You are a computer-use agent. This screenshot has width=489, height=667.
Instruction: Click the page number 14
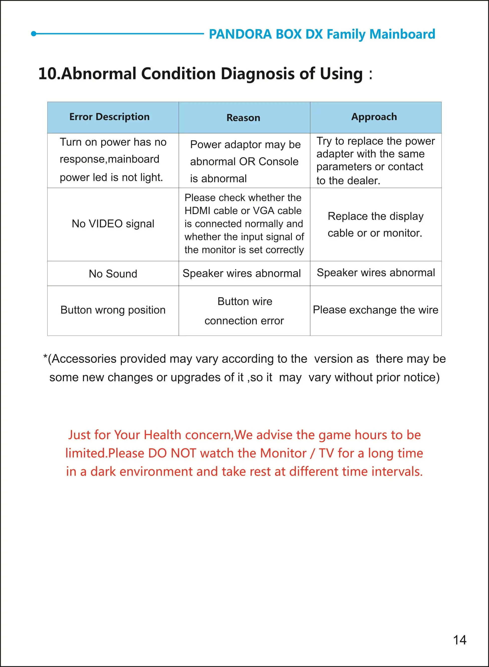tap(459, 640)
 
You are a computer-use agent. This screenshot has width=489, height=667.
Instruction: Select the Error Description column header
tap(109, 117)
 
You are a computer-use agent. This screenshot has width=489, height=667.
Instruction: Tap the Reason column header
tap(243, 118)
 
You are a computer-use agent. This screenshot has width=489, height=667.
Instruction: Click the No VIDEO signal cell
tap(113, 224)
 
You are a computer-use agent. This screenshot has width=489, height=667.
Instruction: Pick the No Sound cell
tap(113, 274)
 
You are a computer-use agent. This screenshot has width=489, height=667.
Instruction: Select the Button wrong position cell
tap(113, 310)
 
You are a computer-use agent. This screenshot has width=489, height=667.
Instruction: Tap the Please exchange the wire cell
tap(375, 310)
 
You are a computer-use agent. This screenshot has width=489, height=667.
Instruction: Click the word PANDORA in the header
tap(240, 34)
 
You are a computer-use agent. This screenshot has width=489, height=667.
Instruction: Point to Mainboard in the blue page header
tap(402, 34)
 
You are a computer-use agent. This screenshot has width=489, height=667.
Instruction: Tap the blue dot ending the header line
tap(34, 34)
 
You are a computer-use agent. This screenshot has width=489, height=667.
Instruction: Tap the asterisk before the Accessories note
tap(45, 357)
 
